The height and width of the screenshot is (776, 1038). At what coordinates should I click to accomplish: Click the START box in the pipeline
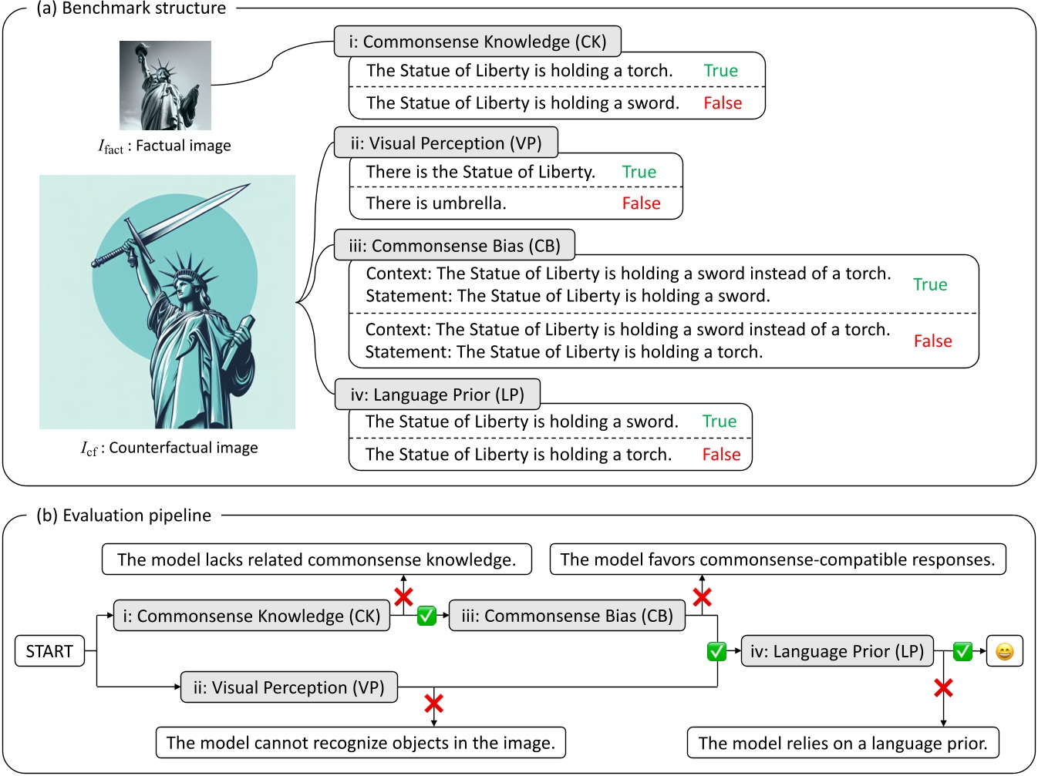[x=49, y=652]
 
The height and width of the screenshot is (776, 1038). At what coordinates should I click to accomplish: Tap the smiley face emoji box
[x=1004, y=652]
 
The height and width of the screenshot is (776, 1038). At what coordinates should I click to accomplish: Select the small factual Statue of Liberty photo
[x=165, y=86]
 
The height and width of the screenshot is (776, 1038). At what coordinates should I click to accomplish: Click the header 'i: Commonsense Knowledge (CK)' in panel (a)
[x=477, y=42]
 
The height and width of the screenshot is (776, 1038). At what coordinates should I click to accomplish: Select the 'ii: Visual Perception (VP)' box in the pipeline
[x=288, y=687]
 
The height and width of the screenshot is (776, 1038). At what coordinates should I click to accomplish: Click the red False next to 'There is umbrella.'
[x=641, y=203]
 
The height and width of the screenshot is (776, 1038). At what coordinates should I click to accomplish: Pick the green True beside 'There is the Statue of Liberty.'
[x=639, y=172]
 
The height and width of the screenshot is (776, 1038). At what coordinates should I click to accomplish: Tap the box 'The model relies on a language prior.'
[x=843, y=743]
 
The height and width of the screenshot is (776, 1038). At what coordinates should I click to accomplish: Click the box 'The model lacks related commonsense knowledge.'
[x=316, y=559]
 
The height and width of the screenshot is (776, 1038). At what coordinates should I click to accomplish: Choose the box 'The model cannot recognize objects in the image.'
[x=360, y=743]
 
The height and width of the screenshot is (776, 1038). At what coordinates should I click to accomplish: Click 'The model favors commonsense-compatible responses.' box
[x=777, y=559]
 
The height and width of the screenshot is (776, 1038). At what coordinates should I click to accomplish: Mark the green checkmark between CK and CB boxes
[x=426, y=616]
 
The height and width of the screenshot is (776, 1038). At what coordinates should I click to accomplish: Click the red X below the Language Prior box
[x=943, y=688]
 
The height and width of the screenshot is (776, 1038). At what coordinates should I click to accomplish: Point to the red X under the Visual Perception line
[x=433, y=703]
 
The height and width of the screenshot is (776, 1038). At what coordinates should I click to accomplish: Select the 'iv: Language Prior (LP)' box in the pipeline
[x=837, y=651]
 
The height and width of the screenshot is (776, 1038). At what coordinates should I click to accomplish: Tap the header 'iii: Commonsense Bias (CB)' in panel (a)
[x=454, y=246]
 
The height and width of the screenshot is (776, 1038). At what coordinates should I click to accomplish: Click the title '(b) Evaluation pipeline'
[x=123, y=516]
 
